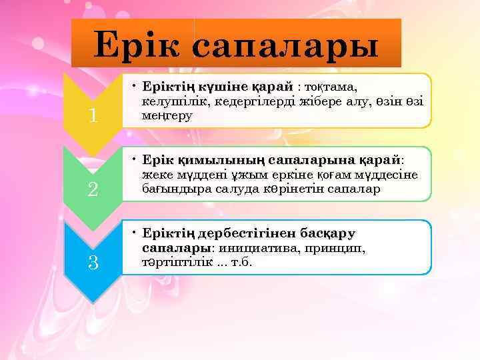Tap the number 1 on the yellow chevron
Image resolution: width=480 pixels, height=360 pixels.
tap(93, 116)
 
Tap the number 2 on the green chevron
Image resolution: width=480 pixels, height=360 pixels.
tap(93, 189)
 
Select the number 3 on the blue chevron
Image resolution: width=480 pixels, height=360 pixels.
tap(93, 263)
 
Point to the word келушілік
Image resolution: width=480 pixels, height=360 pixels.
tap(171, 101)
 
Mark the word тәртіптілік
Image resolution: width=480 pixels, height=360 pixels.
tap(177, 262)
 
